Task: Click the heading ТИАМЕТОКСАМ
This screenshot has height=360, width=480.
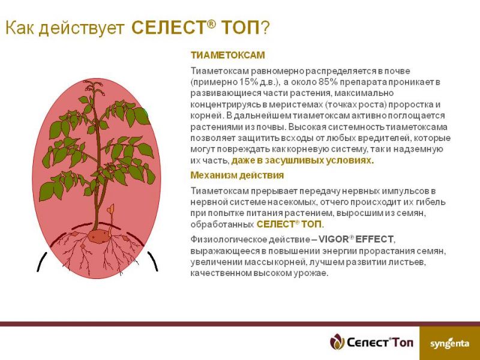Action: point(227,55)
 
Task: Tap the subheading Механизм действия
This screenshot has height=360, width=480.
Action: point(237,175)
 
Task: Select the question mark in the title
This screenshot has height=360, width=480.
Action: point(265,28)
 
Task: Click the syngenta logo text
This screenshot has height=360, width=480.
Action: point(449,343)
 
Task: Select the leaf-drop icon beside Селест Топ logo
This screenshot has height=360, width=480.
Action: point(337,341)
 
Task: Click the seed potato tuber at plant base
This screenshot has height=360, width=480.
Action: point(98,236)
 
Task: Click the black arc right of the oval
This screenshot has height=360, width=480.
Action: point(153,261)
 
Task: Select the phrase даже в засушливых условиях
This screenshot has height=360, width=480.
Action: point(302,161)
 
